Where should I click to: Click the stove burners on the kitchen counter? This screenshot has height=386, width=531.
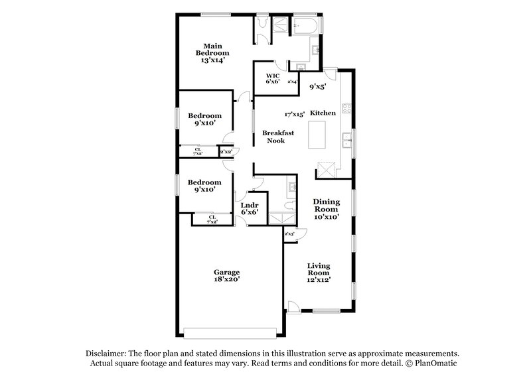[346, 108]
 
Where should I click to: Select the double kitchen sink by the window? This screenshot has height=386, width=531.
[346, 141]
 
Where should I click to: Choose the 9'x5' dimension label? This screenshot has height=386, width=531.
[318, 86]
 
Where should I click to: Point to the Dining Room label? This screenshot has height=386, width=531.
[326, 205]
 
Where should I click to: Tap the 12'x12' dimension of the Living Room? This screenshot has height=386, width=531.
[318, 281]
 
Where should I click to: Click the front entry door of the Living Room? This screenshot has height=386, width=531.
[293, 306]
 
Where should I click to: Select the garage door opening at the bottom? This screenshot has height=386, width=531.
[230, 332]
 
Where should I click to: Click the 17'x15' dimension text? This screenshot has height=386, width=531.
[294, 114]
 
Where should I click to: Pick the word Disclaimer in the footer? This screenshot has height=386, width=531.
[106, 354]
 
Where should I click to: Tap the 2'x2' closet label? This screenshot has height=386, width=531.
[226, 152]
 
